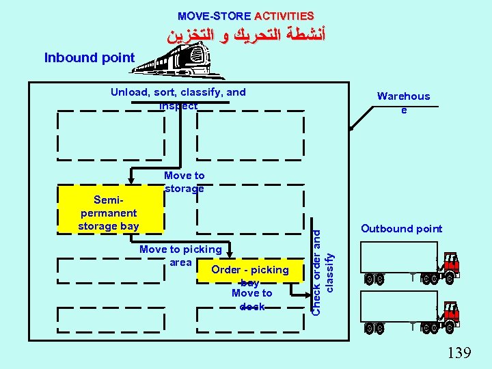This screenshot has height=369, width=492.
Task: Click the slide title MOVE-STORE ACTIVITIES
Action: pyautogui.click(x=245, y=15)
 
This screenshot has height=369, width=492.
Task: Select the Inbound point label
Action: pyautogui.click(x=90, y=57)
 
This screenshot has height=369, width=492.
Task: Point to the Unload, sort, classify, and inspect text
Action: pyautogui.click(x=178, y=98)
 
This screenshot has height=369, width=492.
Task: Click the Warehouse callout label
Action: pyautogui.click(x=404, y=102)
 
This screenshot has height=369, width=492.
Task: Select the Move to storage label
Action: pyautogui.click(x=184, y=182)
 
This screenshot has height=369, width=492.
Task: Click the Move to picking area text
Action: pyautogui.click(x=180, y=256)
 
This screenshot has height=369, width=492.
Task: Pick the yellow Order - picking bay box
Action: pyautogui.click(x=250, y=273)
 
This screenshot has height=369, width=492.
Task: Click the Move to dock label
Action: pyautogui.click(x=251, y=300)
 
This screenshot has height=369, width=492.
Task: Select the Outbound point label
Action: pyautogui.click(x=401, y=229)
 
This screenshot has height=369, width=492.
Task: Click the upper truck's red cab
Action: pyautogui.click(x=450, y=263)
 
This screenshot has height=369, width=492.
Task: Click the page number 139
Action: pyautogui.click(x=459, y=353)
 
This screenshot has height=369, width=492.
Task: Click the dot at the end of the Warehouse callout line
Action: pyautogui.click(x=351, y=128)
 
